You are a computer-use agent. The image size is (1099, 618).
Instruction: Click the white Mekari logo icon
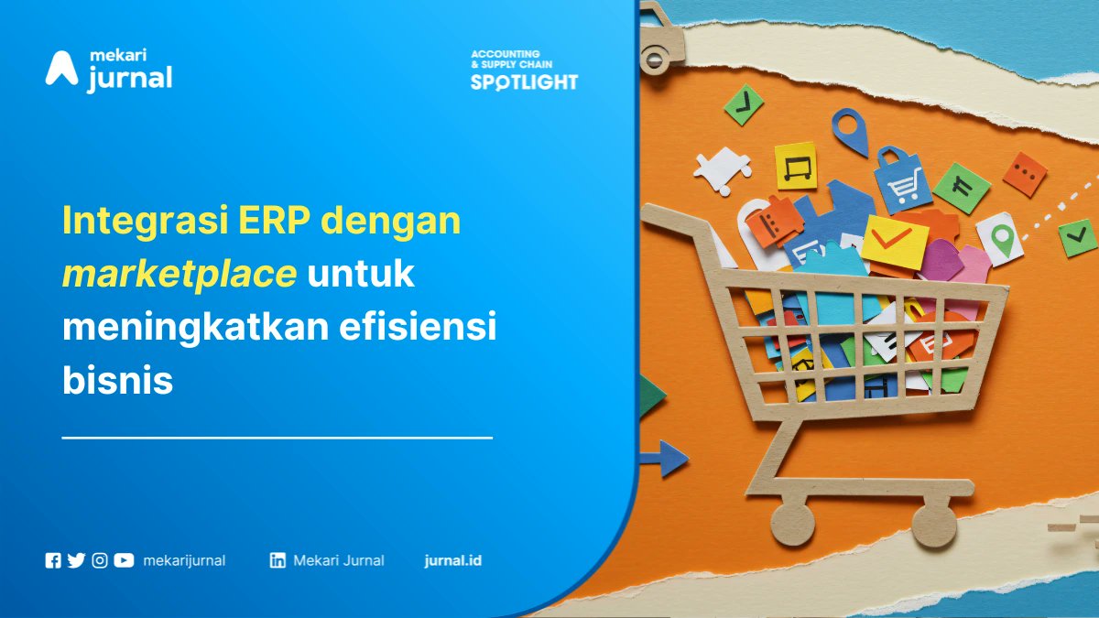[x=61, y=69]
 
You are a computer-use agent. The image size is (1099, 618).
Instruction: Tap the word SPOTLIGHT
[x=524, y=81]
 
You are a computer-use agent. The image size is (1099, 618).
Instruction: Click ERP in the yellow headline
[x=275, y=221]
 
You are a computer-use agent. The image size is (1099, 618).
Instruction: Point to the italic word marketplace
[x=179, y=273]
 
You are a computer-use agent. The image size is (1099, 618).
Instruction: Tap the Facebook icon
[x=53, y=560]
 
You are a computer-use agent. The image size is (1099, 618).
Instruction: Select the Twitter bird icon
[x=76, y=560]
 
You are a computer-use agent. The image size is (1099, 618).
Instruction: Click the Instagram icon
[x=100, y=560]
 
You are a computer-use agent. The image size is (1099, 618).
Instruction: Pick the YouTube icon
[x=124, y=560]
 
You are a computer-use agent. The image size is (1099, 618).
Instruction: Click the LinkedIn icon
[x=277, y=560]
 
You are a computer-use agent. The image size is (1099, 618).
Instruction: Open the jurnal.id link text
[x=452, y=560]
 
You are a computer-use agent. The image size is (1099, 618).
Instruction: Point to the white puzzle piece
[x=721, y=169]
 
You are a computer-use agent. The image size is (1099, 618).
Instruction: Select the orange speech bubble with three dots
[x=1025, y=174]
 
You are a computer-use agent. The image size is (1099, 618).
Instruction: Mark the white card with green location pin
[x=999, y=237]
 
